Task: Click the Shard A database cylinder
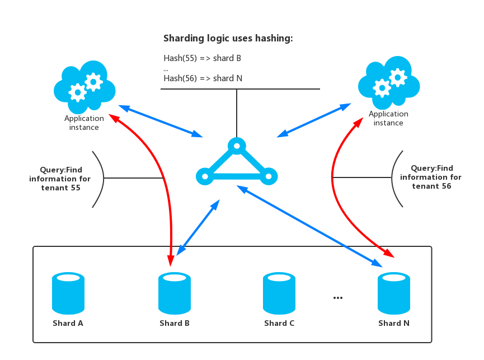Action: point(68,293)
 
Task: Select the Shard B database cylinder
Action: point(175,293)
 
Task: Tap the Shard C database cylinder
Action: point(279,293)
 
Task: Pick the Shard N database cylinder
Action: point(394,293)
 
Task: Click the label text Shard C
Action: point(279,323)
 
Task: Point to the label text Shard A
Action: point(68,323)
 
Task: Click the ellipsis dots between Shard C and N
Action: point(338,297)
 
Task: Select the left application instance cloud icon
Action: point(84,85)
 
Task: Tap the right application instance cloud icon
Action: point(389,83)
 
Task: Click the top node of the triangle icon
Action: point(237,147)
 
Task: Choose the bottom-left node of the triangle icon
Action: point(205,177)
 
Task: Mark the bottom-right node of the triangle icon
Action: point(269,177)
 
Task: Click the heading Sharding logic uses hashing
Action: point(228,39)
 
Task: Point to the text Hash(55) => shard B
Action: point(203,58)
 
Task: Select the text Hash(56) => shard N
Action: point(203,78)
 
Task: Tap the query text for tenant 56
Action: point(431,177)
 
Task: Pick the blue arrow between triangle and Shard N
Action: point(309,226)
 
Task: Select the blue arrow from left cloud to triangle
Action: point(160,120)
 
